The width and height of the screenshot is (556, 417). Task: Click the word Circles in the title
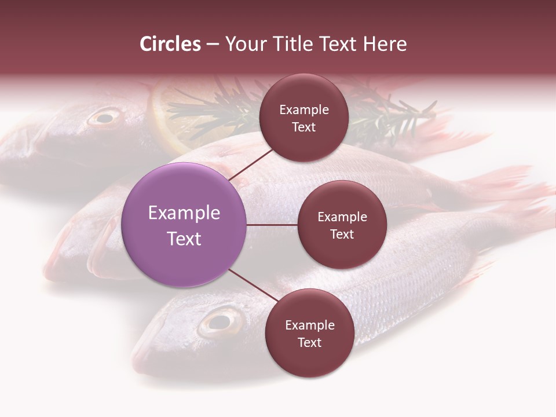170,44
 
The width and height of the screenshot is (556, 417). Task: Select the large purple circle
184,225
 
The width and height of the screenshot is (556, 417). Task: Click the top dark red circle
303,118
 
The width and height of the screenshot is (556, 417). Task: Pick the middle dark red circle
342,225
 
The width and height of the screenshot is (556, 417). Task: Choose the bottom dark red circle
309,333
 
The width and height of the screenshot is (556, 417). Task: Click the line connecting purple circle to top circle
252,164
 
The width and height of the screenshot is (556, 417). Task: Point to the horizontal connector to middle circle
272,225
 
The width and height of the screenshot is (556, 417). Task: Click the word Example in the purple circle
184,213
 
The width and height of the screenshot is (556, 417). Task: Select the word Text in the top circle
303,127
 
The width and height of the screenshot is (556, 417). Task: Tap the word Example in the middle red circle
342,217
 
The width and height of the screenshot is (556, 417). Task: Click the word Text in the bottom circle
309,342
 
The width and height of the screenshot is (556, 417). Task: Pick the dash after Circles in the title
213,44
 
